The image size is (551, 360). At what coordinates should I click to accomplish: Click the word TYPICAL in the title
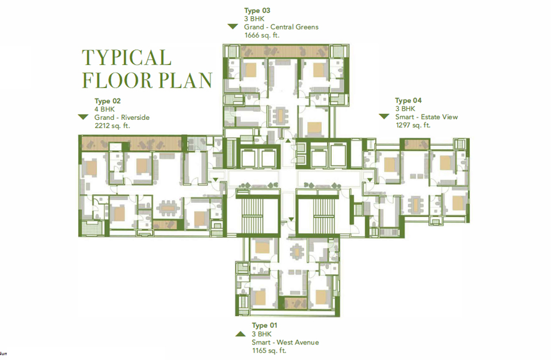[127, 58]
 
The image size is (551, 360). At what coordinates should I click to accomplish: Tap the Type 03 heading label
[257, 10]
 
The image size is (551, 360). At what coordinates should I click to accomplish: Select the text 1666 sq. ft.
[262, 35]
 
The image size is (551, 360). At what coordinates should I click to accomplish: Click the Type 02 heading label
[108, 101]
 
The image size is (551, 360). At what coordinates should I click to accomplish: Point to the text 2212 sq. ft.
[112, 126]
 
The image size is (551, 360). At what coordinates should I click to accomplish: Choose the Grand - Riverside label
[122, 118]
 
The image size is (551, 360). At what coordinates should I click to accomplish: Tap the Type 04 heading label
[408, 101]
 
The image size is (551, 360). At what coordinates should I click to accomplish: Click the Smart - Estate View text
[427, 117]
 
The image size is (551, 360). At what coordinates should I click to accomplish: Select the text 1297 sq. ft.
[413, 125]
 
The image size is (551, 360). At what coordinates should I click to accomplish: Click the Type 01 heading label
[265, 325]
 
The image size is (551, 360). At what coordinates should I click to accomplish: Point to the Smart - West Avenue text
[286, 342]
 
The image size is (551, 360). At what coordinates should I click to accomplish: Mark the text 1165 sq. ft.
[269, 351]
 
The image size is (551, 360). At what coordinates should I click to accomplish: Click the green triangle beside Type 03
[233, 26]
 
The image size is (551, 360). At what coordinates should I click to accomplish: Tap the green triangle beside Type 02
[83, 117]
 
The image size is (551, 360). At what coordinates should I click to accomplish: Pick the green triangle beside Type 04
[384, 116]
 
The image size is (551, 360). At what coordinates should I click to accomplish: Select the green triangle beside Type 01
[241, 334]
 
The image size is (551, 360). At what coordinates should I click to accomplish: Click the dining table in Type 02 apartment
[168, 208]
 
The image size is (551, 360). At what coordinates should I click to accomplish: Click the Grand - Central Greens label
[282, 26]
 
